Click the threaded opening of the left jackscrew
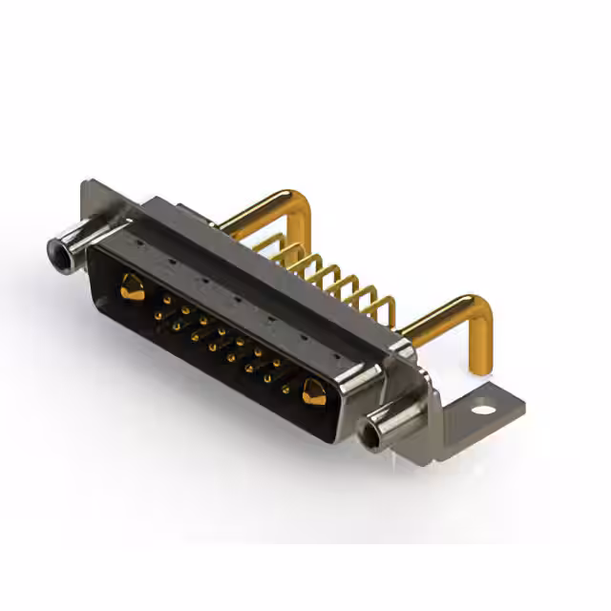pyautogui.click(x=59, y=252)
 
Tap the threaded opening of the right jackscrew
pyautogui.click(x=370, y=438)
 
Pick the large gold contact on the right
pyautogui.click(x=313, y=390)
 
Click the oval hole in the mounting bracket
pyautogui.click(x=484, y=410)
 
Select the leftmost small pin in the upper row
pyautogui.click(x=167, y=300)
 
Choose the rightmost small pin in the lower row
pyautogui.click(x=285, y=389)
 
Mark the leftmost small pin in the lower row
pyautogui.click(x=158, y=315)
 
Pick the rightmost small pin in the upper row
pyautogui.click(x=277, y=363)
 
